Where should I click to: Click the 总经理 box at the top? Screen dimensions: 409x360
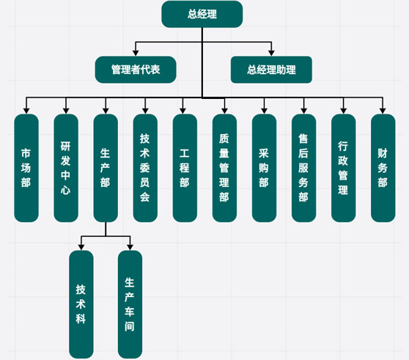pos(202,14)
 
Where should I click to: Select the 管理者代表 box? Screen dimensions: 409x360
pos(136,70)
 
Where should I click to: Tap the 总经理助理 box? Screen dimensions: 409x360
pos(271,70)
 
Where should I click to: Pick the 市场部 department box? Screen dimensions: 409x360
pos(26,168)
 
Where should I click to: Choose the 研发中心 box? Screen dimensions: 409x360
pos(66,168)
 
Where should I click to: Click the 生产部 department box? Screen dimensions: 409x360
pos(106,168)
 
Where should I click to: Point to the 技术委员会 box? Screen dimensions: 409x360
pos(145,168)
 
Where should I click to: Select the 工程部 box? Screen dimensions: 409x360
pos(185,168)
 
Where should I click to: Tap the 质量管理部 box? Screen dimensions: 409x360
pos(224,168)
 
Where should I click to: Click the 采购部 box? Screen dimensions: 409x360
pos(264,168)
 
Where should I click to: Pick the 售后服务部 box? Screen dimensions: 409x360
pos(304,168)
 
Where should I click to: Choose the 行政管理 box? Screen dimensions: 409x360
pos(344,168)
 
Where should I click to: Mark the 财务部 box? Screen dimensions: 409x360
pos(383,168)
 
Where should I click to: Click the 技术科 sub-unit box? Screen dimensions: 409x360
pos(81,304)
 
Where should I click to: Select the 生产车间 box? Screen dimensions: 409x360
pos(130,304)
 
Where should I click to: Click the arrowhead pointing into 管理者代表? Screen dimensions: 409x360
pos(136,53)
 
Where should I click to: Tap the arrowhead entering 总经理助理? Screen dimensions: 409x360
pos(271,53)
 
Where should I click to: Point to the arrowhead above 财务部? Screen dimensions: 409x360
pos(383,111)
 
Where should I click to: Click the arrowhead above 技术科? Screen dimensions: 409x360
pos(81,247)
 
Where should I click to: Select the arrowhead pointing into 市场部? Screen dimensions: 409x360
pos(26,111)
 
